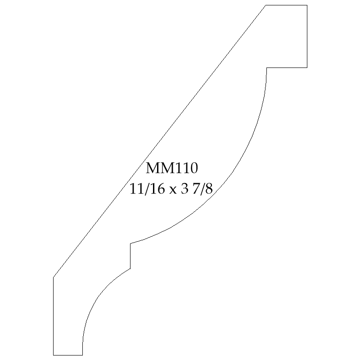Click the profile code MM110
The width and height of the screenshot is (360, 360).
[172, 168]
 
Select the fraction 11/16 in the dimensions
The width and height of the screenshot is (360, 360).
[148, 189]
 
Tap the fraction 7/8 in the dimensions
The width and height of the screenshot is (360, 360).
[202, 189]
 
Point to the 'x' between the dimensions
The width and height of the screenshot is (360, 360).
[173, 190]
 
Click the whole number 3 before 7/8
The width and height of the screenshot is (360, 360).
[184, 189]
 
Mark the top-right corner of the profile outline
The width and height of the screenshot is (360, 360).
[307, 5]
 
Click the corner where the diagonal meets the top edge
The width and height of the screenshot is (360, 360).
[265, 5]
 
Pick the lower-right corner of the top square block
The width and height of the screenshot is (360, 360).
[307, 67]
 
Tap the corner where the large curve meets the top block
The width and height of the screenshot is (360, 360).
[266, 67]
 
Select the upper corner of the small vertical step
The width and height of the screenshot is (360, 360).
[130, 243]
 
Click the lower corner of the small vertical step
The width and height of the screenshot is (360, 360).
[130, 268]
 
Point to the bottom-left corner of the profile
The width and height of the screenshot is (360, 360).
[53, 355]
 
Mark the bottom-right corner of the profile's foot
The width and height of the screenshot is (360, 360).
[82, 355]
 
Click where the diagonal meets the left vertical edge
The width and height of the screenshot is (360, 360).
[53, 277]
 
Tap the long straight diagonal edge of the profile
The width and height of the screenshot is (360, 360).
[160, 141]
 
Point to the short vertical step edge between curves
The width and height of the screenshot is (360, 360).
[130, 256]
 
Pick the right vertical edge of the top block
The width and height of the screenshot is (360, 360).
[307, 36]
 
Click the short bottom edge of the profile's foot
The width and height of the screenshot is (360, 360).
[68, 355]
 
